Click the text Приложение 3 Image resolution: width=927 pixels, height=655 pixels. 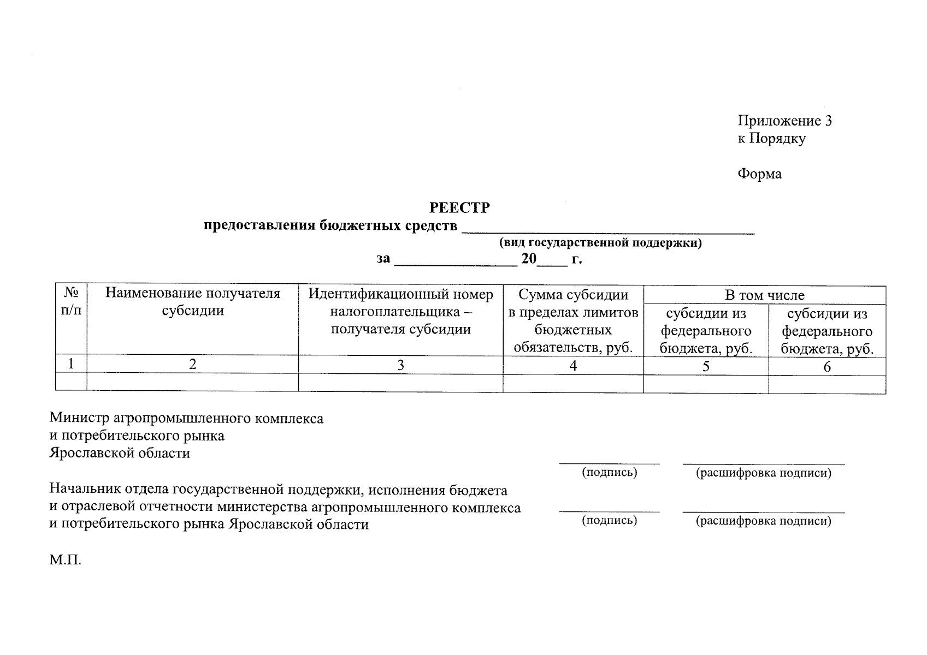tap(784, 121)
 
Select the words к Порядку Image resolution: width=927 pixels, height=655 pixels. tap(771, 139)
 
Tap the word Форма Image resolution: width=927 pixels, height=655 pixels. tap(759, 174)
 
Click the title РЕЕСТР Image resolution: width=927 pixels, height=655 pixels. tap(459, 208)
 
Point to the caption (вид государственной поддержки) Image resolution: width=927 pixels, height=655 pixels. tap(600, 243)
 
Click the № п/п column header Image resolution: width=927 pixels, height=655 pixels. tap(71, 302)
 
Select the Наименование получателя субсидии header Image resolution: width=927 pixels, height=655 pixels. tap(193, 302)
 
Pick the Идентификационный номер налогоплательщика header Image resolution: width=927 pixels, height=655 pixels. tap(400, 312)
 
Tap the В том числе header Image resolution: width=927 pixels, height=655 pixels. tap(764, 295)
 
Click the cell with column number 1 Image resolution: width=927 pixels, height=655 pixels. tap(71, 364)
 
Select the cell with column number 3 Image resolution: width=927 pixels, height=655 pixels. tap(400, 365)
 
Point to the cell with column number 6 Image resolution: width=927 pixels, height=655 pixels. tap(827, 367)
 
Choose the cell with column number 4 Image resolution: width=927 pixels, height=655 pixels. tap(573, 366)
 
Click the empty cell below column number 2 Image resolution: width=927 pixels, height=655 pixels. tap(193, 382)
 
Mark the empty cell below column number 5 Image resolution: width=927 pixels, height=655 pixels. tap(706, 384)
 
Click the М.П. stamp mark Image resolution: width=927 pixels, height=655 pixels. tap(65, 560)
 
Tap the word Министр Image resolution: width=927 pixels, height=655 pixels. tap(79, 419)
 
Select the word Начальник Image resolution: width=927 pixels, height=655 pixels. tap(81, 490)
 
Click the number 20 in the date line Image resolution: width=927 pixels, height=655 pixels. tap(529, 259)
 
